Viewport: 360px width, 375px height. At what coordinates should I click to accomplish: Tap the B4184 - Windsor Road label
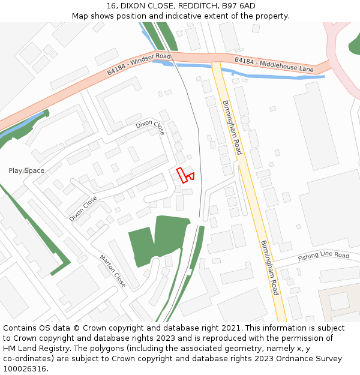click(139, 64)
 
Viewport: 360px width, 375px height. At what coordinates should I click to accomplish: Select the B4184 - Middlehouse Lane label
click(274, 65)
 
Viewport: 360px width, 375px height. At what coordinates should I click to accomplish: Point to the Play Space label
click(26, 171)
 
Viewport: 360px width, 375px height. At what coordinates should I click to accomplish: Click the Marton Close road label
click(113, 271)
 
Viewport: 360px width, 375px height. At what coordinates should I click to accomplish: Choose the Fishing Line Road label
click(324, 256)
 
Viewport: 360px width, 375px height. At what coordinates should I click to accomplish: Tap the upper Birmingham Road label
click(232, 128)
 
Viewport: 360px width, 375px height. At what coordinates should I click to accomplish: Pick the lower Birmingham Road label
click(269, 268)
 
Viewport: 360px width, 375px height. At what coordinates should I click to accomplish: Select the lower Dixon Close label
click(83, 209)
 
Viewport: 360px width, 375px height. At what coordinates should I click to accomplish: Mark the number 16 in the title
click(111, 5)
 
